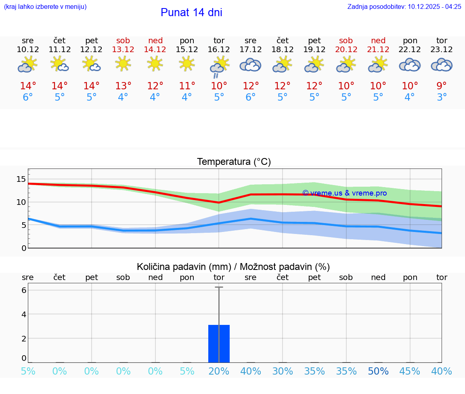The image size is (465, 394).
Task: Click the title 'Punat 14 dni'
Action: [191, 13]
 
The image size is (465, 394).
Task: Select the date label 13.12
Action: [124, 49]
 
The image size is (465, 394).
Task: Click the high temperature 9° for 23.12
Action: [442, 86]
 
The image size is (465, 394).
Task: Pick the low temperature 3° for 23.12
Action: [442, 97]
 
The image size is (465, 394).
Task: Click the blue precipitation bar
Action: [219, 343]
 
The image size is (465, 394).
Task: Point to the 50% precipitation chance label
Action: [378, 371]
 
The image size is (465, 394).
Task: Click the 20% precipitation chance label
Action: [219, 371]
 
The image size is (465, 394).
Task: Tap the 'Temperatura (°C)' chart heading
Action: [234, 162]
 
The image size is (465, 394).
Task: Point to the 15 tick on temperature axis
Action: [21, 179]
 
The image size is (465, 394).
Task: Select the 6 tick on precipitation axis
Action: [24, 290]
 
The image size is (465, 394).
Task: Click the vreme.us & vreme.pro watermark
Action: [344, 193]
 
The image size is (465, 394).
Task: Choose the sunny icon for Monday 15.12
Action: [187, 63]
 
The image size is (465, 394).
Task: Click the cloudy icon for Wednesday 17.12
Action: [251, 65]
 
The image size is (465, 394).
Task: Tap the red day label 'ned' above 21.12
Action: [378, 40]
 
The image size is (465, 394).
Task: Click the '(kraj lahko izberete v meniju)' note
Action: [45, 6]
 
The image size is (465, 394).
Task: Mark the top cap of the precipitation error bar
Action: [219, 287]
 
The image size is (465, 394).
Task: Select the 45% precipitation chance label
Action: [410, 371]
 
